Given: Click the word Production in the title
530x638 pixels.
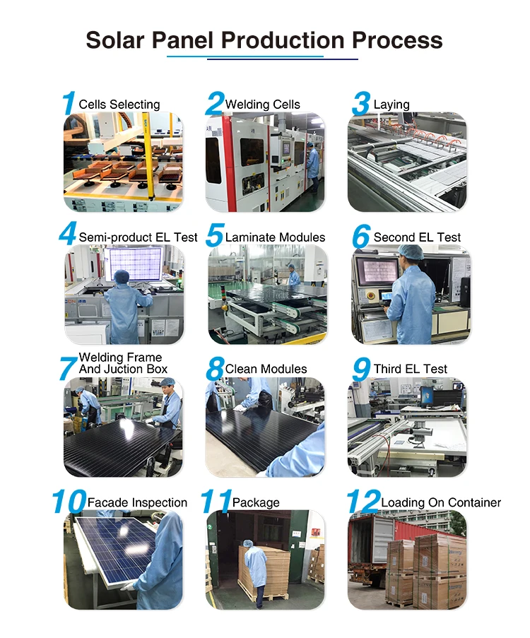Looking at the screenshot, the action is [x=283, y=40].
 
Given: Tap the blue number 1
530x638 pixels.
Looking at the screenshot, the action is [x=69, y=103].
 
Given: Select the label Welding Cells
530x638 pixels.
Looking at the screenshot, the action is [x=263, y=105].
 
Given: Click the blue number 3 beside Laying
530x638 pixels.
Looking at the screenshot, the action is [x=361, y=104].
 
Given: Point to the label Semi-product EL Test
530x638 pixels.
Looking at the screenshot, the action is [x=138, y=237].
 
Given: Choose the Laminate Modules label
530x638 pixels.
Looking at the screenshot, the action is [x=275, y=237].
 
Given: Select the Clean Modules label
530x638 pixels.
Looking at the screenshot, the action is [x=266, y=369].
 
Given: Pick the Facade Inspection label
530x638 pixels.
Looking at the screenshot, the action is [x=137, y=502].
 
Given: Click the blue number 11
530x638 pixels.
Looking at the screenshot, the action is [x=216, y=502].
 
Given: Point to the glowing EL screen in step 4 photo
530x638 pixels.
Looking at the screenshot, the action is [x=135, y=264].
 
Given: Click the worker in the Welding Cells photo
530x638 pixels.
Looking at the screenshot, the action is [x=312, y=167].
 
